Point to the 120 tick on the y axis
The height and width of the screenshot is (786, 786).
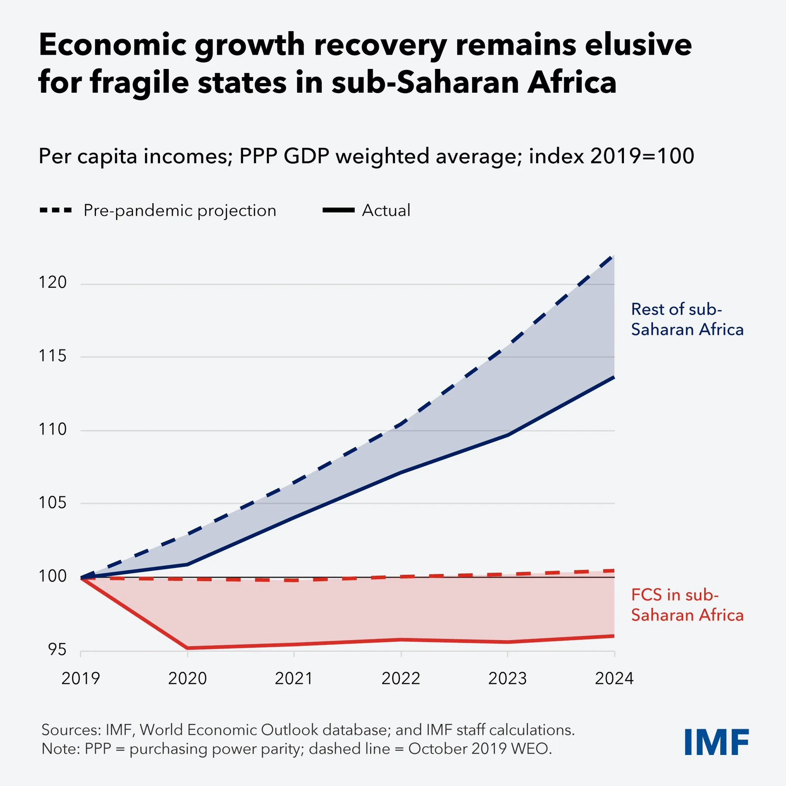(52, 282)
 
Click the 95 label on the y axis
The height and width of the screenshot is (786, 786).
(57, 650)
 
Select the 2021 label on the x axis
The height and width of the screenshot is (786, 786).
(294, 678)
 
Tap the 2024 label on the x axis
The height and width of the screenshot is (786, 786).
(614, 678)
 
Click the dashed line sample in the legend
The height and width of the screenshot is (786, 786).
(56, 210)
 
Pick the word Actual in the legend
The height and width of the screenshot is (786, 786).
(386, 210)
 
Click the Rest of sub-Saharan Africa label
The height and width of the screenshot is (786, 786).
(687, 319)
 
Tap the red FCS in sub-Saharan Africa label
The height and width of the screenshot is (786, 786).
(687, 605)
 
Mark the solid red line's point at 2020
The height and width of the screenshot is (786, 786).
(188, 648)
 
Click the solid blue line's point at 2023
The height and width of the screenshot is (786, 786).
(508, 435)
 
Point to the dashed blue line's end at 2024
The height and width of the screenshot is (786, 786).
(614, 256)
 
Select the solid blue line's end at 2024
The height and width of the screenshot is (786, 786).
(614, 377)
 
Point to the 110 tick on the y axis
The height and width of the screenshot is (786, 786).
(52, 429)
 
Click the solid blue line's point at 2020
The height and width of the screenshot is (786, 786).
(188, 565)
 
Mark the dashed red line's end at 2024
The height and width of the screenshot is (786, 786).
(614, 571)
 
